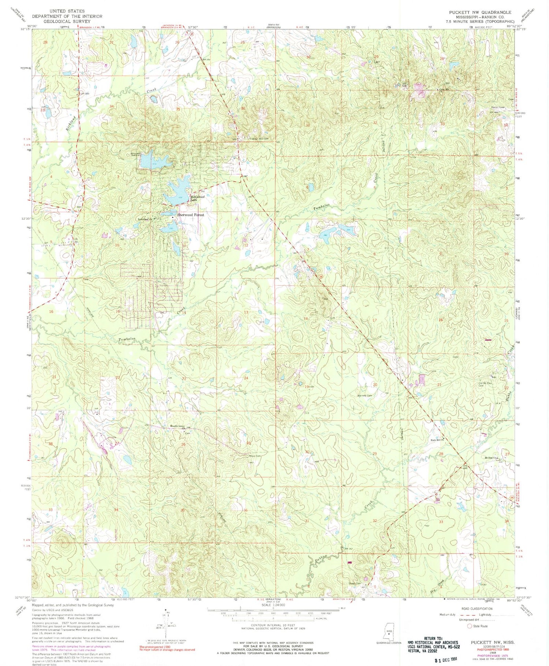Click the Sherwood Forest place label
click(x=191, y=215)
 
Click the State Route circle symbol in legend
click(x=470, y=626)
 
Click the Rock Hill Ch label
click(x=437, y=440)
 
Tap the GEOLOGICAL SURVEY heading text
click(x=67, y=21)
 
